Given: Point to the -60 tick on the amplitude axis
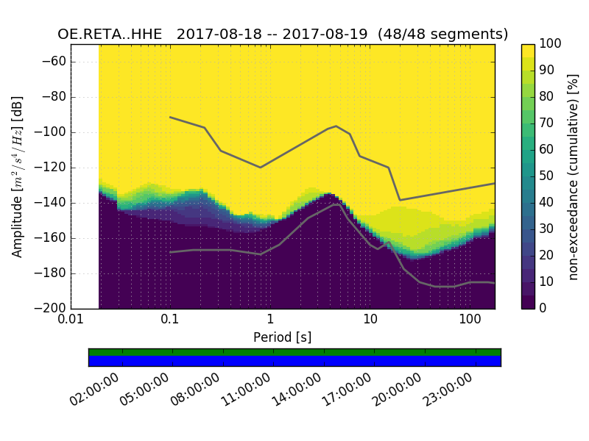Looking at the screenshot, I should click(x=56, y=62).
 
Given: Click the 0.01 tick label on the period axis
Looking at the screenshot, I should click(x=71, y=321).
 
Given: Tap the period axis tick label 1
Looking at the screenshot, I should click(x=270, y=321).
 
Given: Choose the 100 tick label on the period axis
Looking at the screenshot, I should click(x=470, y=321).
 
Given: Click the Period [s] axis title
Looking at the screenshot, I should click(x=283, y=337).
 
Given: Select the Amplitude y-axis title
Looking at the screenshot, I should click(x=17, y=176).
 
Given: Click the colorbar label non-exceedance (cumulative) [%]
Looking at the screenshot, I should click(x=574, y=176).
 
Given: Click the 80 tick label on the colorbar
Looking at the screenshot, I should click(x=547, y=96).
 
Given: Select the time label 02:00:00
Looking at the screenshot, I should click(x=95, y=390).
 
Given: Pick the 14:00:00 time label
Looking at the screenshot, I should click(x=297, y=390).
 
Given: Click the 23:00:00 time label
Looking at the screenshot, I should click(x=448, y=390).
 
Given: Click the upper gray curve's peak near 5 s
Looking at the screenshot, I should click(x=336, y=126).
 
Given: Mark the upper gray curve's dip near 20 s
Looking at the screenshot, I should click(x=400, y=200).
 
